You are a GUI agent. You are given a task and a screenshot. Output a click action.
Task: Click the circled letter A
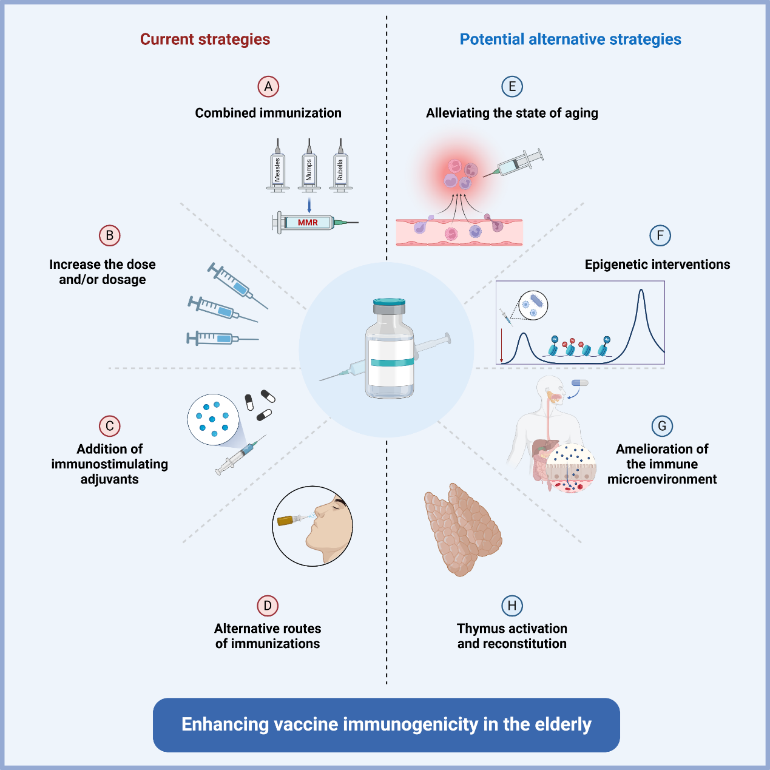(268, 87)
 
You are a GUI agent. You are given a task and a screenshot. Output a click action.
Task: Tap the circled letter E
(512, 87)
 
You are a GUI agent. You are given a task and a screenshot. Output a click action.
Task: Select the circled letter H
(512, 606)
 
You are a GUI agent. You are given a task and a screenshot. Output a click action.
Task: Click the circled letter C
(110, 426)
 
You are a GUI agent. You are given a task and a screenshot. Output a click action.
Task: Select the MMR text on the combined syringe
(308, 223)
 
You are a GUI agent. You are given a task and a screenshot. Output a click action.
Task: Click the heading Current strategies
(205, 39)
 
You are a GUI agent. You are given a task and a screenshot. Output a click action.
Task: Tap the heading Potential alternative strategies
(570, 39)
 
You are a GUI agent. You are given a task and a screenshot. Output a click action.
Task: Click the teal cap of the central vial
(389, 302)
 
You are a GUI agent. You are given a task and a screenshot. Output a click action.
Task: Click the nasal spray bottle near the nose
(290, 520)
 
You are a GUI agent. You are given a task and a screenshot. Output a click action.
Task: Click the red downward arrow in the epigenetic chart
(502, 346)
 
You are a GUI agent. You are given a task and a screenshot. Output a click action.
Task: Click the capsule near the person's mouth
(580, 383)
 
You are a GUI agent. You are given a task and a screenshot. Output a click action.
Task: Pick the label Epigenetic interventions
(657, 265)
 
